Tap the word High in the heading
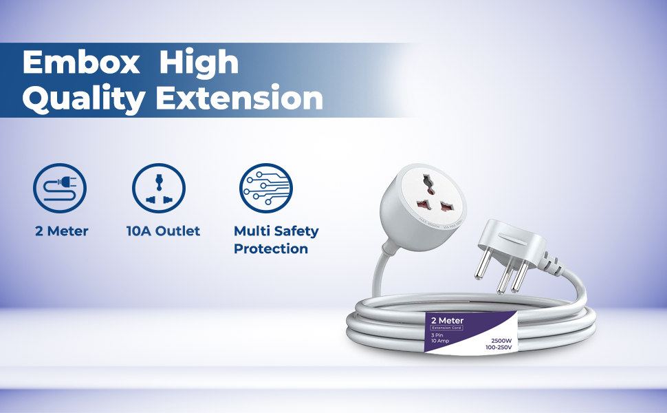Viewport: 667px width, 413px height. (x=199, y=63)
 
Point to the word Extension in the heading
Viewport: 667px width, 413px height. (x=239, y=98)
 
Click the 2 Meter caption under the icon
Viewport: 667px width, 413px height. (x=62, y=231)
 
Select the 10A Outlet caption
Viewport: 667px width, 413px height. (x=163, y=231)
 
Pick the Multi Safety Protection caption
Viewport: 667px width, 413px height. (x=276, y=240)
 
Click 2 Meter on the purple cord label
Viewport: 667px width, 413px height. (x=447, y=321)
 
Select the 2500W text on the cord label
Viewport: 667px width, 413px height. (x=501, y=341)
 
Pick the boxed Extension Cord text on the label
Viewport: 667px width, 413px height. (x=446, y=328)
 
